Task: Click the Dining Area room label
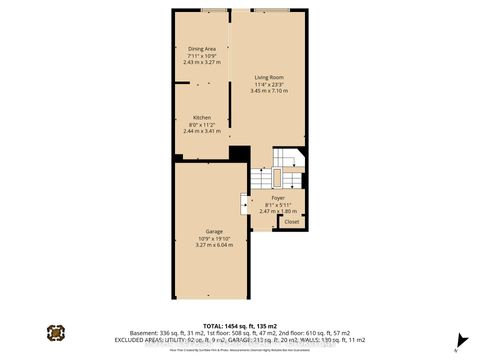tap(202, 49)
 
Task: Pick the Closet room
tap(291, 221)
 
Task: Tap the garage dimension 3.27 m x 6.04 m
tap(200, 246)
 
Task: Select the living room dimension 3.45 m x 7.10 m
tap(269, 92)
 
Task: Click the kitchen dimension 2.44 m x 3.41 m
tap(202, 132)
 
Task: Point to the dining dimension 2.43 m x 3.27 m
tap(202, 63)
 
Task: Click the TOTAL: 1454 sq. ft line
tap(240, 326)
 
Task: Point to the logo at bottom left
tap(55, 332)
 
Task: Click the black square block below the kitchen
tap(238, 154)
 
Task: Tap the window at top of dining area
tap(212, 11)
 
